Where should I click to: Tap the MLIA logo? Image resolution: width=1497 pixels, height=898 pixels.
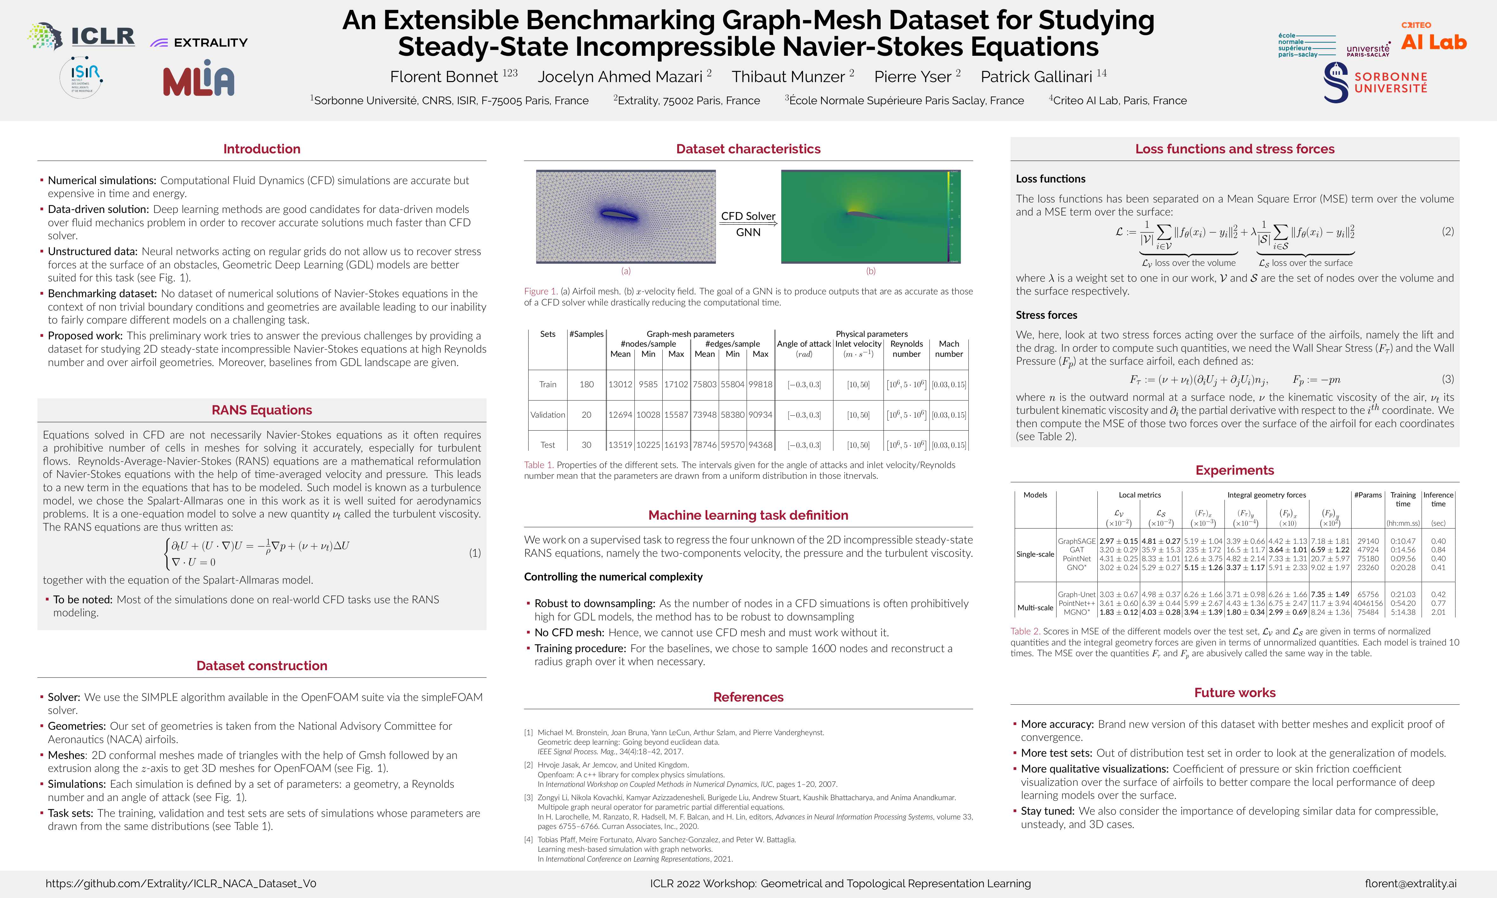tap(198, 79)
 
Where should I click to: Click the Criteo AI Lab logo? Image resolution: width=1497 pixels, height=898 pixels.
tap(1434, 37)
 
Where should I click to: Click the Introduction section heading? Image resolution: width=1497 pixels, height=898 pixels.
tap(261, 149)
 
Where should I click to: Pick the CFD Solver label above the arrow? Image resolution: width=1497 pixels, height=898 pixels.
tap(748, 216)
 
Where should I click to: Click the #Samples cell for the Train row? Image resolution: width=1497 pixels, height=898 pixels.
tap(586, 384)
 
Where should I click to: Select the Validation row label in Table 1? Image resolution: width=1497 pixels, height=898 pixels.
tap(548, 414)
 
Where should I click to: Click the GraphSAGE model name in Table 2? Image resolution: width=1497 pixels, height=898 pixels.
tap(1076, 541)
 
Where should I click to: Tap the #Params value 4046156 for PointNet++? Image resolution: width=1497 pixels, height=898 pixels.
tap(1367, 603)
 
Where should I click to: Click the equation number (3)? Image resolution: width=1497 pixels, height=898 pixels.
tap(1447, 379)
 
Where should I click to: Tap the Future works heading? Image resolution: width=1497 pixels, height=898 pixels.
tap(1234, 693)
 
